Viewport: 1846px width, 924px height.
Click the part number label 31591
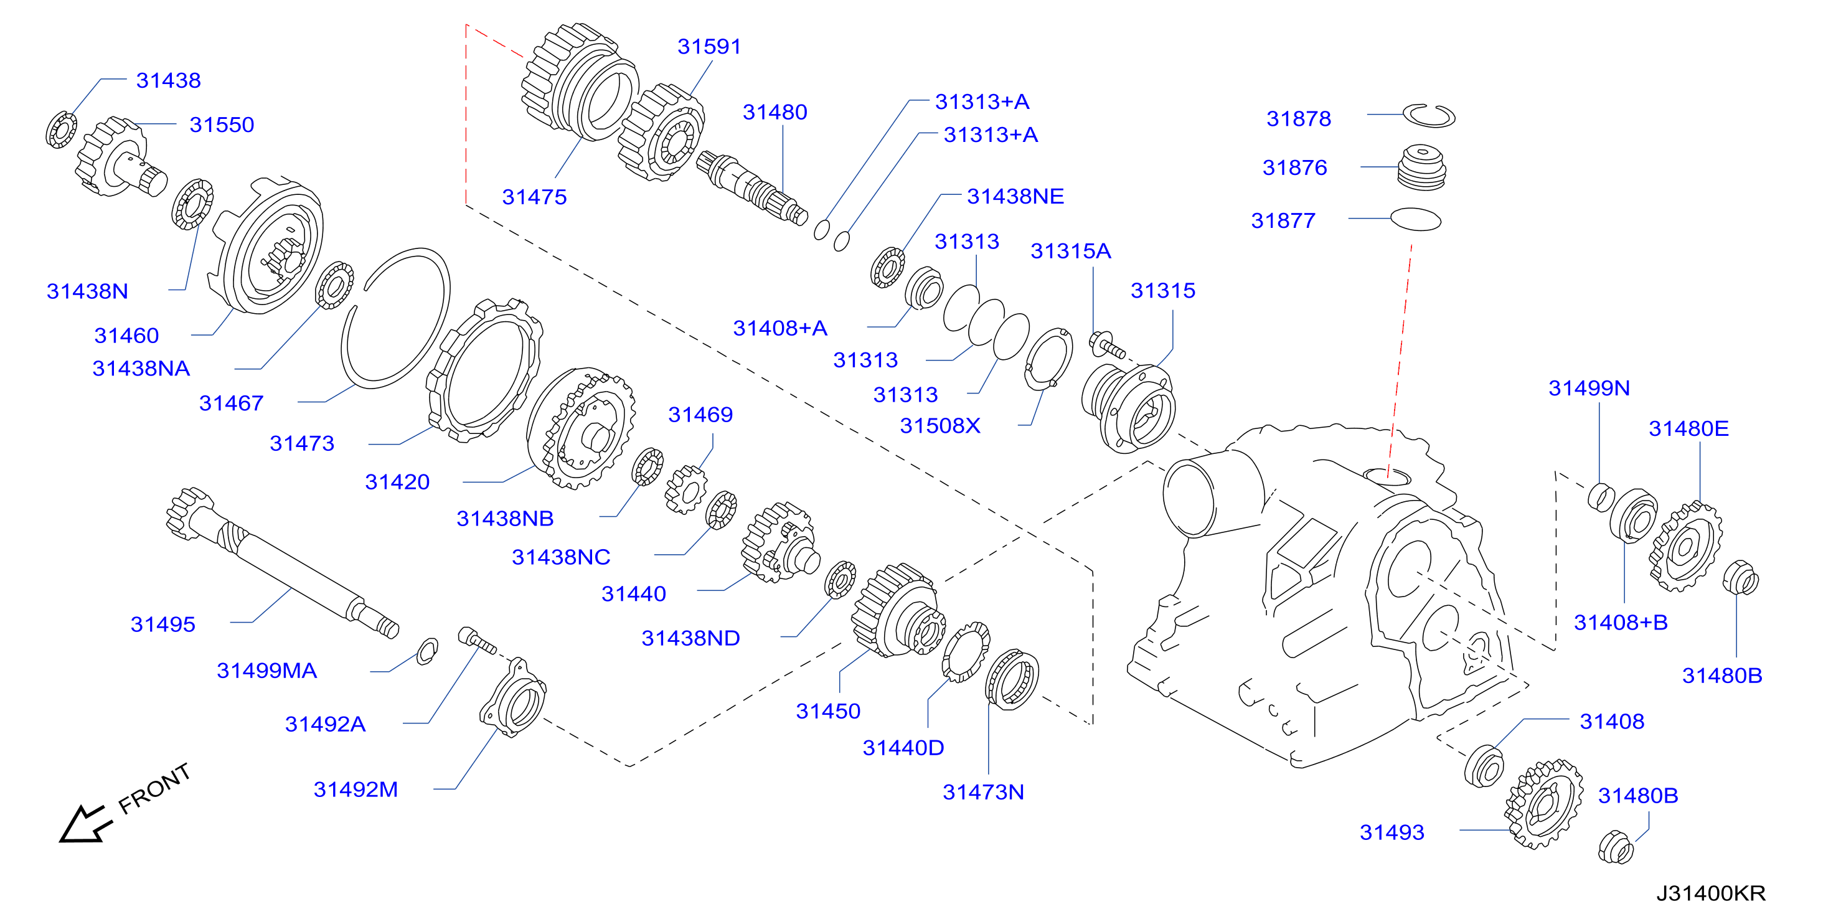(709, 47)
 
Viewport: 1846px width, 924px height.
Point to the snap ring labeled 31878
(1428, 115)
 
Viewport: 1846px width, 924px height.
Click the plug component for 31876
(1422, 167)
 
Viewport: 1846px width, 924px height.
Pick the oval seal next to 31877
(1415, 219)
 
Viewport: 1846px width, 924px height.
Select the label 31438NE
(1015, 196)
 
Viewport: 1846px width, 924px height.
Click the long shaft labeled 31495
(281, 563)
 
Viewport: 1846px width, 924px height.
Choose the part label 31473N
(983, 792)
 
